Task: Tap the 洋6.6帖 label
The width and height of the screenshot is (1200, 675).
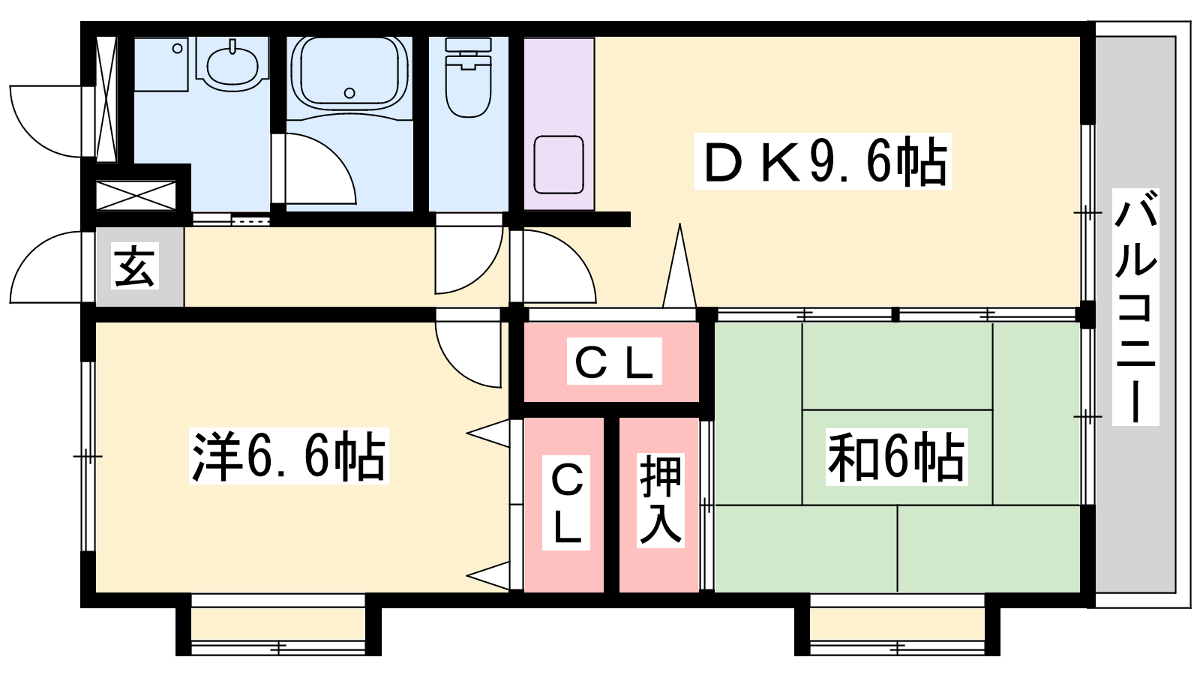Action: (x=289, y=456)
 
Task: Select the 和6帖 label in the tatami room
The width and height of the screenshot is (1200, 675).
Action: (x=896, y=457)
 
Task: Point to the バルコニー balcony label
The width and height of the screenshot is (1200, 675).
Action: (x=1135, y=307)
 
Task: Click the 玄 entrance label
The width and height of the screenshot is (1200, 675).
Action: (x=135, y=265)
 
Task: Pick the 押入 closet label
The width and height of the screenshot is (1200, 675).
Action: (x=661, y=500)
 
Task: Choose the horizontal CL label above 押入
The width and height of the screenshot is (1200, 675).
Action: (x=614, y=361)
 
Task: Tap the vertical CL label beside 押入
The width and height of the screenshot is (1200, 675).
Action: (x=566, y=502)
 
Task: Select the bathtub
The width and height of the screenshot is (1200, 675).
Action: (x=349, y=75)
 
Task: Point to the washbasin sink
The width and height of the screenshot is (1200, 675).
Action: (x=232, y=64)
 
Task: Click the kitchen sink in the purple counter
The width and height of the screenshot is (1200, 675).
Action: (x=559, y=164)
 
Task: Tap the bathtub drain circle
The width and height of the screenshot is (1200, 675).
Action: (x=349, y=93)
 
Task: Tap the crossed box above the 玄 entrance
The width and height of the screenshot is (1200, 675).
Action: (x=136, y=196)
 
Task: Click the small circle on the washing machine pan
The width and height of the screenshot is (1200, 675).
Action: (x=177, y=49)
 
